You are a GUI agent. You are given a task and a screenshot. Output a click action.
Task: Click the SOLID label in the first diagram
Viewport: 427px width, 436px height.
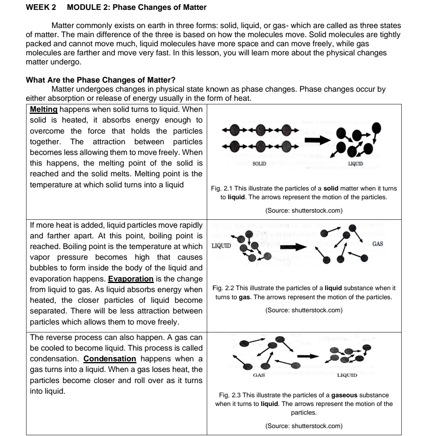[259, 163]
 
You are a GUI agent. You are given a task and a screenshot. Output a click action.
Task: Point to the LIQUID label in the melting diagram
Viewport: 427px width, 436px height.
[356, 163]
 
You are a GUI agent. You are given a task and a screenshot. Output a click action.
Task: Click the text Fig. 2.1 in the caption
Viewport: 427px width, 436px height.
[221, 189]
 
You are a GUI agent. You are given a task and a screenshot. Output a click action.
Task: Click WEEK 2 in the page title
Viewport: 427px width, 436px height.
[40, 8]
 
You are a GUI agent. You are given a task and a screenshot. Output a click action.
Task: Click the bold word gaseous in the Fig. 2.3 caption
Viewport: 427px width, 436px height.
[345, 395]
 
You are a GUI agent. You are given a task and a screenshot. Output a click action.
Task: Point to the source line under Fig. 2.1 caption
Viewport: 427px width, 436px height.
[304, 211]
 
